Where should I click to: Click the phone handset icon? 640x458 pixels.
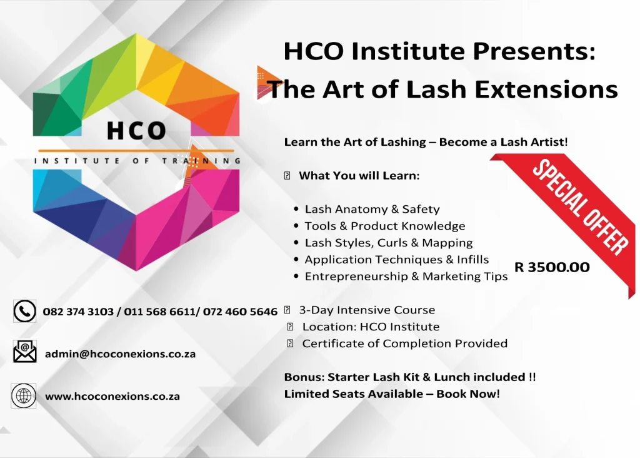pos(25,312)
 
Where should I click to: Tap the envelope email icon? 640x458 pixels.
pos(25,352)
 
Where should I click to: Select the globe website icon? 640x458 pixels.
pos(24,395)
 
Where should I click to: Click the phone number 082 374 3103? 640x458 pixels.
pos(78,312)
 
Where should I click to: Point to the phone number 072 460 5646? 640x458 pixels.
pos(240,312)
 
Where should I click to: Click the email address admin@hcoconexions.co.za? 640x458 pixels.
pos(121,354)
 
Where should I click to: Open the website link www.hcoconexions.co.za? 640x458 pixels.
pos(112,396)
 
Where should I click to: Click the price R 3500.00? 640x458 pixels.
pos(552,267)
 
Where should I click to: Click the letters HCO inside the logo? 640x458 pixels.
pos(136,131)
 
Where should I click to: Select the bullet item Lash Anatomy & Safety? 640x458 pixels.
pos(372,209)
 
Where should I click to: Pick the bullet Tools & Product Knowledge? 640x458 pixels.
pos(385,226)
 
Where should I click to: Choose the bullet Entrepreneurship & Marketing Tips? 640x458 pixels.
pos(406,277)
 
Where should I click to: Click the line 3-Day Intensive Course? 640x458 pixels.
pos(367,310)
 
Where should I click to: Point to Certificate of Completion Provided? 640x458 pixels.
pos(405,343)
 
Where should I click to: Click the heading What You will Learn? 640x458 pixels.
pos(359,176)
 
